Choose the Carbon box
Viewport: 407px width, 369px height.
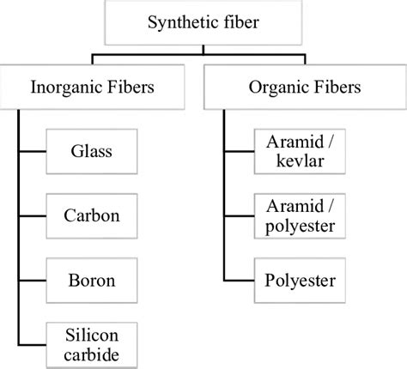(x=91, y=215)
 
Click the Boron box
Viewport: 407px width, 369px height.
(x=91, y=279)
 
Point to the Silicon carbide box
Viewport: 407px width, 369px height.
(x=91, y=342)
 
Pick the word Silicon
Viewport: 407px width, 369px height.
(x=91, y=333)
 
